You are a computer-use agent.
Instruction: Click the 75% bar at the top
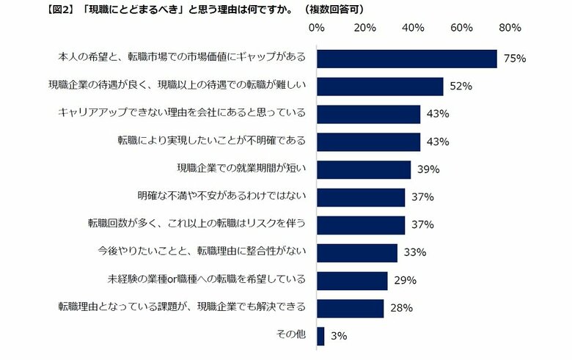tap(406, 59)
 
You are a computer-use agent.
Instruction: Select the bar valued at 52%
tap(379, 87)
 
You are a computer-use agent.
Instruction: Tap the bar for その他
tap(320, 336)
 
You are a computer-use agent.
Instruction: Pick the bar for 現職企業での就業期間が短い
tap(364, 169)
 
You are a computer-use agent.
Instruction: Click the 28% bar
tap(350, 308)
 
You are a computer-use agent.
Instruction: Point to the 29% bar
tap(351, 280)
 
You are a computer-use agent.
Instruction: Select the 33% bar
tap(356, 253)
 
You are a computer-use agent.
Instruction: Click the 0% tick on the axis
tap(316, 28)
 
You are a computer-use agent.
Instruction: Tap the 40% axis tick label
tap(413, 28)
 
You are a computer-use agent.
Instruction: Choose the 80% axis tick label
tap(509, 28)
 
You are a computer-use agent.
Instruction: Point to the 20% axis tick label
tap(364, 28)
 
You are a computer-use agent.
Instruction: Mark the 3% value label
tap(338, 336)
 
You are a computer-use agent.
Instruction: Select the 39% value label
tap(428, 169)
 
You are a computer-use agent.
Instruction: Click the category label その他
tap(291, 335)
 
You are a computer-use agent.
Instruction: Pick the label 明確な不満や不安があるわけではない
tap(221, 196)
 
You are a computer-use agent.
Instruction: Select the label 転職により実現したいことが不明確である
tap(212, 141)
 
